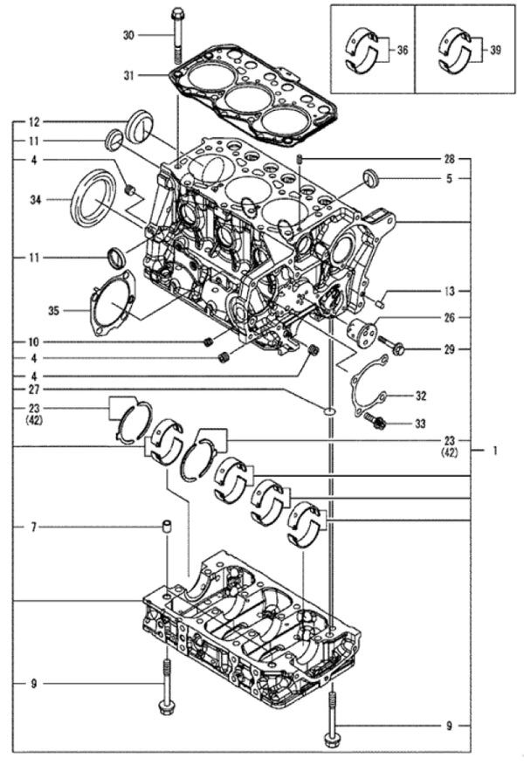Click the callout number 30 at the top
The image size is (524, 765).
[128, 35]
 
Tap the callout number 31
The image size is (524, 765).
[128, 76]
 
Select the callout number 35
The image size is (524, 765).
[54, 308]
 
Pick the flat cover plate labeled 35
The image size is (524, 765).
[112, 302]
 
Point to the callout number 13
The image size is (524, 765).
[448, 290]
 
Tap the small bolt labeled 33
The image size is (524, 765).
[377, 423]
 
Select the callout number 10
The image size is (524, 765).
[33, 341]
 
